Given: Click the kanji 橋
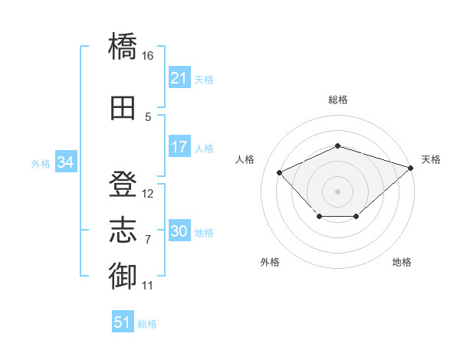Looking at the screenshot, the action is point(123,46).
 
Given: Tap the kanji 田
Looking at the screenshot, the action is point(123,108).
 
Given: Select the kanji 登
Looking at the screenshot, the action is point(123,184).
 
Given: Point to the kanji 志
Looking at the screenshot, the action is point(123,230).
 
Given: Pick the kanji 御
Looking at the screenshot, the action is point(123,276).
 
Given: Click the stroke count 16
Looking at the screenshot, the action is point(147,56).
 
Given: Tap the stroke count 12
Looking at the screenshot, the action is point(147,194).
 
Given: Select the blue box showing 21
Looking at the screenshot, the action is point(179,77).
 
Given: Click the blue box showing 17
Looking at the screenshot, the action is point(179,146).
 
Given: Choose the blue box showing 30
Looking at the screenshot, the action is point(179,230).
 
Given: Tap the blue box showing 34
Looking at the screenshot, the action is point(66,162).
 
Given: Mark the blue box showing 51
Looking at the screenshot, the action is point(123,321).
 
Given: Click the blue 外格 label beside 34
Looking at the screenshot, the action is point(41,164).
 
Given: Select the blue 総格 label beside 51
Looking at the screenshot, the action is point(147,324).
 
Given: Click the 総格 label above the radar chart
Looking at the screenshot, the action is point(338,100).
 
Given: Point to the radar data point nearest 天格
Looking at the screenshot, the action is point(411,168).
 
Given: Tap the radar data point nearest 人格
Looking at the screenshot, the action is point(279,172).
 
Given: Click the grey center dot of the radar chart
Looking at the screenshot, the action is point(337,191).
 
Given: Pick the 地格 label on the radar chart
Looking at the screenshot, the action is point(402,262).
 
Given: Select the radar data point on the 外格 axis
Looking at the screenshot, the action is point(320,216).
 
